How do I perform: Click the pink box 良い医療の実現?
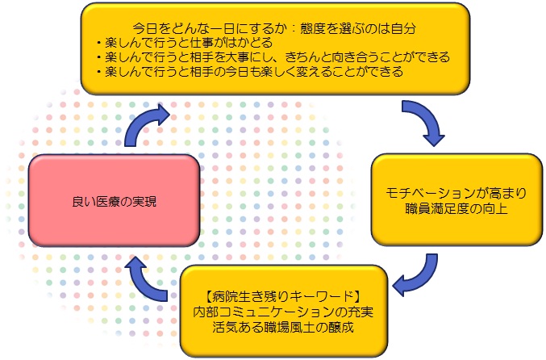pyautogui.click(x=114, y=201)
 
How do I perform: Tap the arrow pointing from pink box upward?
pyautogui.click(x=143, y=124)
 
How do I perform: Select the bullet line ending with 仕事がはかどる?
pyautogui.click(x=185, y=43)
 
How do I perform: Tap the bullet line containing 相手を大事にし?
pyautogui.click(x=273, y=57)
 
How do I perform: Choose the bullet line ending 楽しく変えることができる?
pyautogui.click(x=250, y=72)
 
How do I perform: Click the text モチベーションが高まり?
pyautogui.click(x=456, y=193)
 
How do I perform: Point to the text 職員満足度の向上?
pyautogui.click(x=456, y=209)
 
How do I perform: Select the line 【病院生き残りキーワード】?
pyautogui.click(x=283, y=296)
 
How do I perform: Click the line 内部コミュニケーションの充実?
pyautogui.click(x=283, y=312)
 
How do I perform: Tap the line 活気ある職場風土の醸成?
pyautogui.click(x=283, y=327)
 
